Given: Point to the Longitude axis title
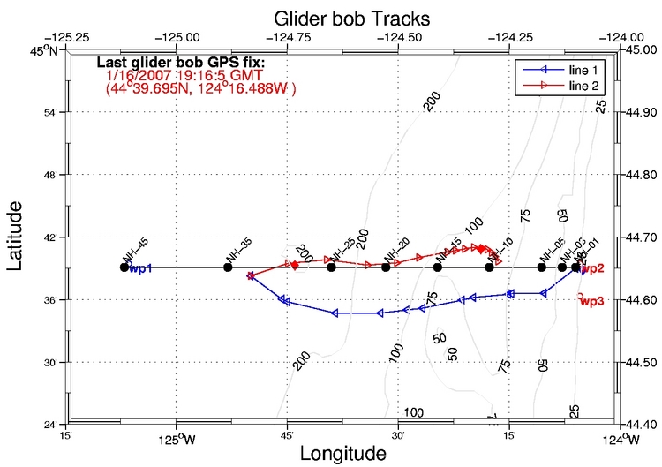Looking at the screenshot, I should click(x=342, y=454).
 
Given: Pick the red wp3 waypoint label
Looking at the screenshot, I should click(x=592, y=301).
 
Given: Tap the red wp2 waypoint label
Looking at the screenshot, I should click(x=593, y=268).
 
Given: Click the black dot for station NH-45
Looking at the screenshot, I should click(x=124, y=267).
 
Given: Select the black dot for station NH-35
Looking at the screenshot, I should click(x=228, y=267).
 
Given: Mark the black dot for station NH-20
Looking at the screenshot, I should click(x=386, y=267).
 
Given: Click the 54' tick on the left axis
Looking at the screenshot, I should click(x=51, y=112).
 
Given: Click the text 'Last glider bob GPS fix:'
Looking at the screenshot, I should click(x=180, y=64).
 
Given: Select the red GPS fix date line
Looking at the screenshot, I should click(x=184, y=77).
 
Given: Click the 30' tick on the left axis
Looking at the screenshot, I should click(x=51, y=362).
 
